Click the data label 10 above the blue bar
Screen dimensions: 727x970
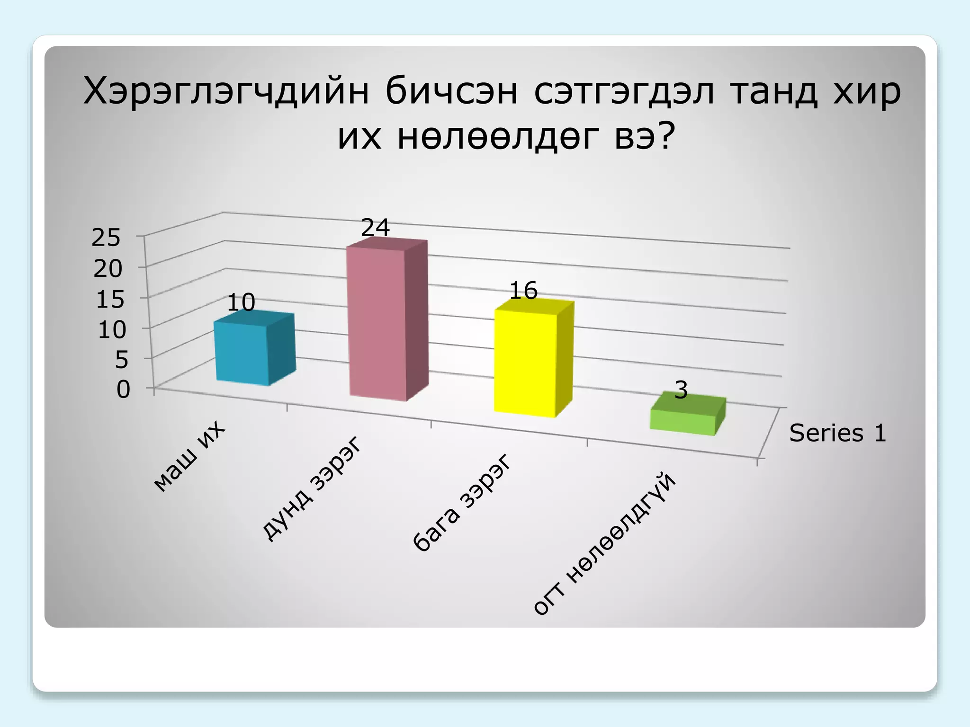point(241,302)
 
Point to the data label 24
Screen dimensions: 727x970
point(375,228)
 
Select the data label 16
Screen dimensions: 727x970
point(523,291)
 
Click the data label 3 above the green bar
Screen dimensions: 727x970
point(681,390)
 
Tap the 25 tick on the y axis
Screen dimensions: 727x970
point(106,238)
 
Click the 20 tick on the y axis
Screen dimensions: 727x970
point(108,269)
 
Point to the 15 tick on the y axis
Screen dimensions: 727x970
point(109,300)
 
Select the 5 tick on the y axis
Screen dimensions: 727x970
point(121,360)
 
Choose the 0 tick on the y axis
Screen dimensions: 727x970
point(123,390)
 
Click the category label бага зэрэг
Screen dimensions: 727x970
point(462,503)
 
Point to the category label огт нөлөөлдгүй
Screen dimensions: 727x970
point(604,544)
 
